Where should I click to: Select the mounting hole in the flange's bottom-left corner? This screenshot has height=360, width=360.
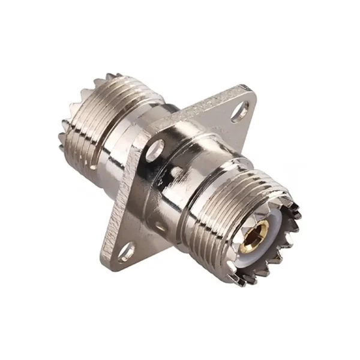(127, 253)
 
